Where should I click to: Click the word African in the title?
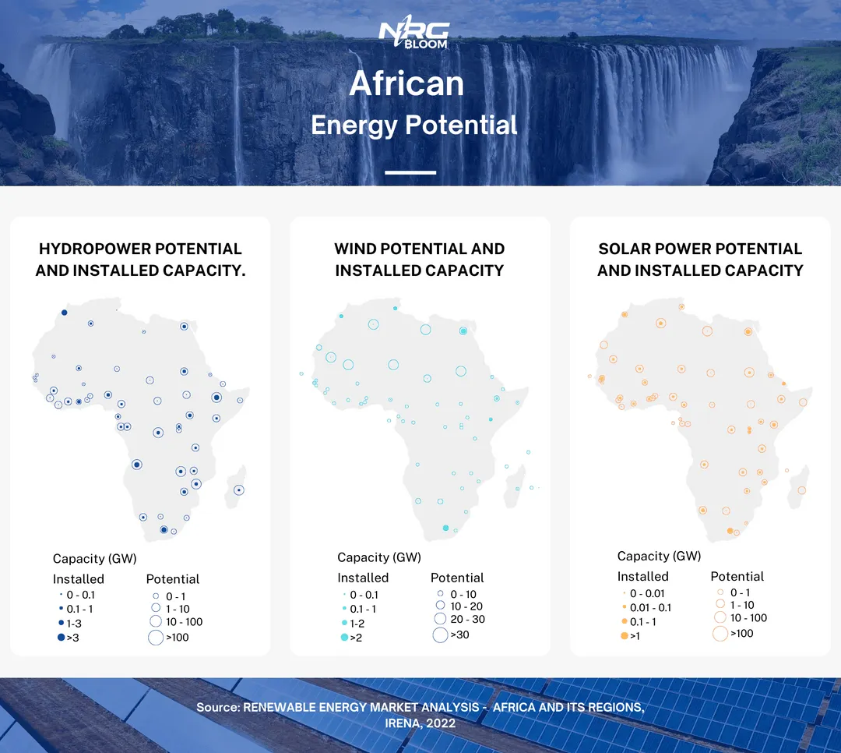[406, 83]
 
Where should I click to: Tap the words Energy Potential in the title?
[414, 125]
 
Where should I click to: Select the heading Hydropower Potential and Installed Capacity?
[140, 260]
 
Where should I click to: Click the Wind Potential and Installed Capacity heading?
[420, 260]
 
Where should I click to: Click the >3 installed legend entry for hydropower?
[69, 638]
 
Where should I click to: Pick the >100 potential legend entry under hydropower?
[168, 638]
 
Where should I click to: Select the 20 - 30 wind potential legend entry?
[459, 619]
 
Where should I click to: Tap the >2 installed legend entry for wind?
[352, 638]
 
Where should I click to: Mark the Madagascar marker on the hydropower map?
[239, 490]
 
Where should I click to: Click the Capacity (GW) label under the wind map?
[379, 557]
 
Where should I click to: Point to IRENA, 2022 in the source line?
[420, 723]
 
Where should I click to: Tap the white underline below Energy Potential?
[410, 172]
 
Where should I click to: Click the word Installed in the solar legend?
[643, 576]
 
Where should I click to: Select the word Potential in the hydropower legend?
[173, 579]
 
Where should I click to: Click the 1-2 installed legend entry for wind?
[353, 624]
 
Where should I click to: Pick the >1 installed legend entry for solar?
[630, 636]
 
